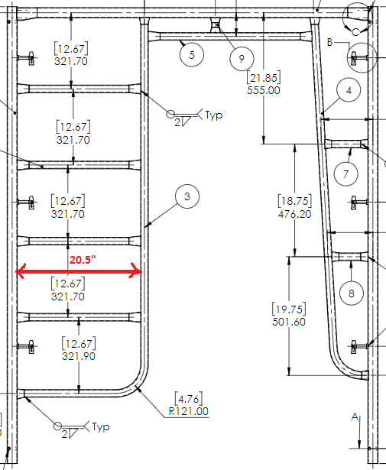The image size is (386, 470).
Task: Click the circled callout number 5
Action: click(192, 55)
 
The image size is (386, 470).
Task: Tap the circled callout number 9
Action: click(242, 59)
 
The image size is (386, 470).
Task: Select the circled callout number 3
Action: click(187, 196)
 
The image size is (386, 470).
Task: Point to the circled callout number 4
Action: click(349, 90)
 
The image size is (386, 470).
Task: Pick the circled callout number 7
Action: click(345, 173)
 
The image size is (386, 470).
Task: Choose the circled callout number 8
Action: click(352, 293)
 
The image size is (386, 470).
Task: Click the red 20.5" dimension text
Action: click(83, 260)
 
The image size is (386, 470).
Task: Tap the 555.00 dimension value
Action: click(264, 90)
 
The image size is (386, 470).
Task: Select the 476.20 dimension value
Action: click(295, 214)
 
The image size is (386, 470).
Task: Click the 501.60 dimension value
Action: click(289, 322)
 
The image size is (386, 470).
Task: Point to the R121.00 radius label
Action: click(189, 411)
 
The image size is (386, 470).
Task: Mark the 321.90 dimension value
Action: click(79, 356)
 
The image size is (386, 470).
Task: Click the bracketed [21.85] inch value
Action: click(264, 78)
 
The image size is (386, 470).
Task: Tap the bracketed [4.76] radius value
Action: click(189, 399)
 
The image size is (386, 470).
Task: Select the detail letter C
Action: click(355, 32)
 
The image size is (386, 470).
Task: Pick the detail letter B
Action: click(329, 42)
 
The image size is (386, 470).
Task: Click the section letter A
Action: click(355, 417)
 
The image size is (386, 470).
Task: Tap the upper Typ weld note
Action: click(214, 115)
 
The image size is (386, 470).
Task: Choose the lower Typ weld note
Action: click(101, 426)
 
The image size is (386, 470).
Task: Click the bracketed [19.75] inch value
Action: click(289, 309)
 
